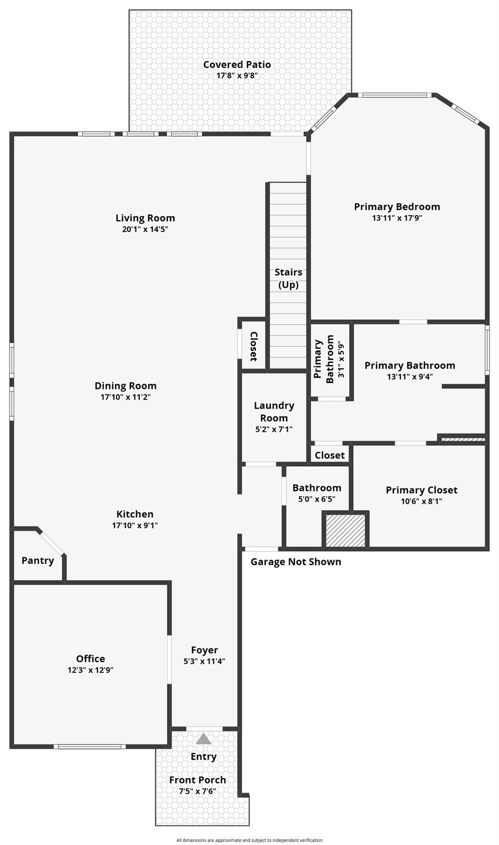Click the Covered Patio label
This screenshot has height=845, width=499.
[237, 64]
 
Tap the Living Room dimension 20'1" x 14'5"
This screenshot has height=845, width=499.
[145, 229]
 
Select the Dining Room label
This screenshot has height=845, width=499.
[125, 386]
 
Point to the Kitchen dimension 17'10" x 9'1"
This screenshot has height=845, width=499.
[135, 525]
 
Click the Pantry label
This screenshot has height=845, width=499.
[37, 561]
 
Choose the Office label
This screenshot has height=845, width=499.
[90, 659]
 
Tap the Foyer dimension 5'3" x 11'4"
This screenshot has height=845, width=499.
[204, 662]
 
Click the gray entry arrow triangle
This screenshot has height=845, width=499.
[204, 739]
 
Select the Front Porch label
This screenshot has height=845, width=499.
[197, 780]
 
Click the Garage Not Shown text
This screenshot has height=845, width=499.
[295, 562]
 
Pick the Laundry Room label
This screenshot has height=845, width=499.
[274, 411]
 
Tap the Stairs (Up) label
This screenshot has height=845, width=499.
[288, 278]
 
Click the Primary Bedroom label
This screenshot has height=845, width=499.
[397, 207]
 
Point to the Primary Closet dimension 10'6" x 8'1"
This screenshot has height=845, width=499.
[421, 501]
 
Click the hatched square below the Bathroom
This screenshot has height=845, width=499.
[346, 530]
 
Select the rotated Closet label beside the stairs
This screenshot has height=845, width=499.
[254, 346]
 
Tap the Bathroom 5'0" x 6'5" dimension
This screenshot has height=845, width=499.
[316, 500]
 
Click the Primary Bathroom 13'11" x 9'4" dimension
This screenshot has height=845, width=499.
[410, 377]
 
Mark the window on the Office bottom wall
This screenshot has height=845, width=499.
[90, 747]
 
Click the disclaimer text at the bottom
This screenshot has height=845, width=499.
[249, 840]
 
